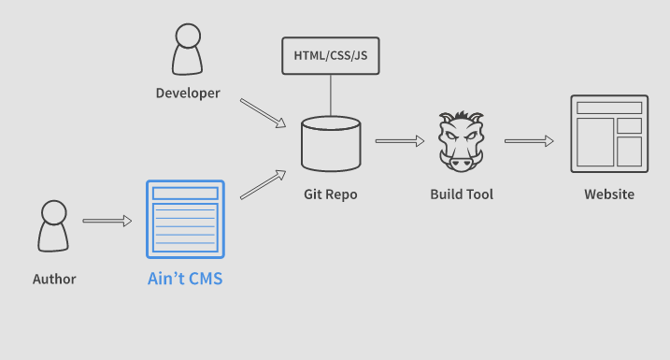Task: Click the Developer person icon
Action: tap(187, 50)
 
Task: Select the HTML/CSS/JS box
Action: tap(330, 55)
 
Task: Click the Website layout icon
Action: tap(609, 134)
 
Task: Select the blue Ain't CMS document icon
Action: tap(185, 219)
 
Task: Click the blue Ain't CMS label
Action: tap(185, 279)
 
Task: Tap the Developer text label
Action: tap(188, 94)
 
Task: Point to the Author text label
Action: tap(54, 279)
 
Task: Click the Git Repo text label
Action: tap(330, 194)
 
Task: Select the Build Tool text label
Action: tap(462, 194)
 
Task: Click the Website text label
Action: tap(609, 194)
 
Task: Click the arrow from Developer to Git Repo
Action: tap(263, 113)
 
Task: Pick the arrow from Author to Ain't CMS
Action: tap(107, 222)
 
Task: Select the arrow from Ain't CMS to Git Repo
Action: tap(263, 185)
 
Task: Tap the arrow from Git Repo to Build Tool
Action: tap(400, 141)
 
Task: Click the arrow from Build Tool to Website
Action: tap(529, 141)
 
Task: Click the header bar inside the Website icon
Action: tap(609, 108)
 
